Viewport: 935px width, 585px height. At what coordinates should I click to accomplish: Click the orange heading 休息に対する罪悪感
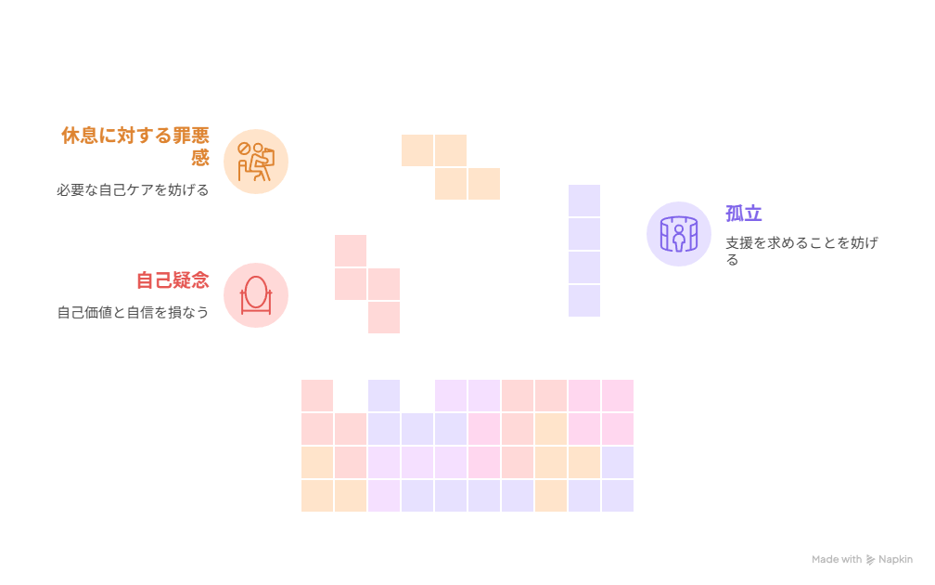coord(135,136)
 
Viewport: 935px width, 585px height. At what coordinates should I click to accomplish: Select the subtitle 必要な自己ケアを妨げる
coord(133,189)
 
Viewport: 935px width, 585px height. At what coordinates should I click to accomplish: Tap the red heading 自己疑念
coord(173,279)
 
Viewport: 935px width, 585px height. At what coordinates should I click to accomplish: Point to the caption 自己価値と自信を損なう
coord(133,312)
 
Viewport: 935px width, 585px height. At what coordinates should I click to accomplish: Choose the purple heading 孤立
coord(743,214)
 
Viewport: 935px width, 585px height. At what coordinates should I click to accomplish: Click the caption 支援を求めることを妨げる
coord(801,243)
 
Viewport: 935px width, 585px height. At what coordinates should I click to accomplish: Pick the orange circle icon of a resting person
coord(256,162)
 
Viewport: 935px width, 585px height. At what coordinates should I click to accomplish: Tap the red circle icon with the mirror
coord(256,295)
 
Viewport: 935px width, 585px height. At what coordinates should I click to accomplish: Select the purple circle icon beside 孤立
coord(679,234)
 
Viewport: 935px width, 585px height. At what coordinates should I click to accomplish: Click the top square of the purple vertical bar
coord(584,201)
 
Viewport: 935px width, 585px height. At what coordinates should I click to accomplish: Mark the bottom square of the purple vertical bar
coord(584,301)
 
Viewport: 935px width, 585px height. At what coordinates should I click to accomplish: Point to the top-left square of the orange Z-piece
coord(417,150)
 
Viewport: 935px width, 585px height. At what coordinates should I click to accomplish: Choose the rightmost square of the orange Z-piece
coord(484,184)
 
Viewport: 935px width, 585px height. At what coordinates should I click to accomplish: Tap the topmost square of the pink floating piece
coord(351,251)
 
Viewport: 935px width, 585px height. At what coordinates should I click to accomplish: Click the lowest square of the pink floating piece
coord(384,318)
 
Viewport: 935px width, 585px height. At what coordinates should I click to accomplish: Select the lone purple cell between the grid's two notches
coord(384,396)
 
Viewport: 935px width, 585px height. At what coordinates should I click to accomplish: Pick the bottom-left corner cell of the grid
coord(317,496)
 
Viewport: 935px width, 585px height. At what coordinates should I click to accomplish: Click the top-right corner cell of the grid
coord(618,396)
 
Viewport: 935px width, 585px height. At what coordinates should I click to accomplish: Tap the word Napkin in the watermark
coord(896,560)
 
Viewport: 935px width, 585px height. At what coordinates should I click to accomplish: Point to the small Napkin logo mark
coord(870,560)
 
